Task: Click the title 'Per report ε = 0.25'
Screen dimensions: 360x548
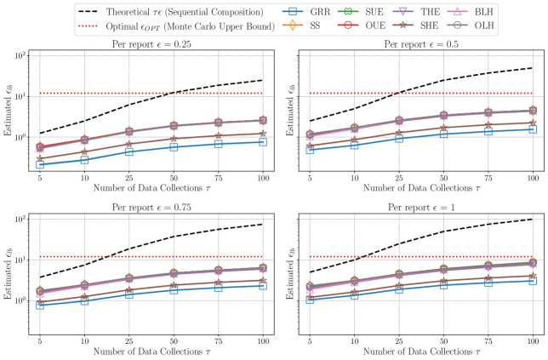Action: (150, 44)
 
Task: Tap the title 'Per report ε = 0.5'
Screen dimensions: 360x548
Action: (420, 44)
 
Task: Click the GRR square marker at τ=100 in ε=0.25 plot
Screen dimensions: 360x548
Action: (264, 141)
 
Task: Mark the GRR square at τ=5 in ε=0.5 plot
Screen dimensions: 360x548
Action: (310, 150)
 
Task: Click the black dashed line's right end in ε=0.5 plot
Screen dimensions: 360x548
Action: (533, 67)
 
